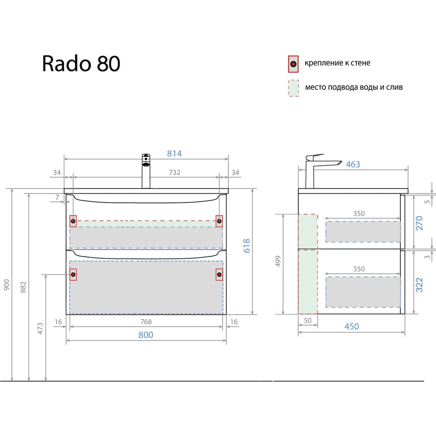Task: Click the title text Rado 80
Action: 81,63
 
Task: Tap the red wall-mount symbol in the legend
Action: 293,64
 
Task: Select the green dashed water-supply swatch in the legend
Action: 293,88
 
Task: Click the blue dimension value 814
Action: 174,153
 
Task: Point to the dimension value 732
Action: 175,172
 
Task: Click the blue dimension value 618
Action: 247,246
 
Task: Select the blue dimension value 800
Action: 146,335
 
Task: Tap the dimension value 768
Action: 146,322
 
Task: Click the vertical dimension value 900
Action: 7,285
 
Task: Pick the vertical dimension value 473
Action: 40,328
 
